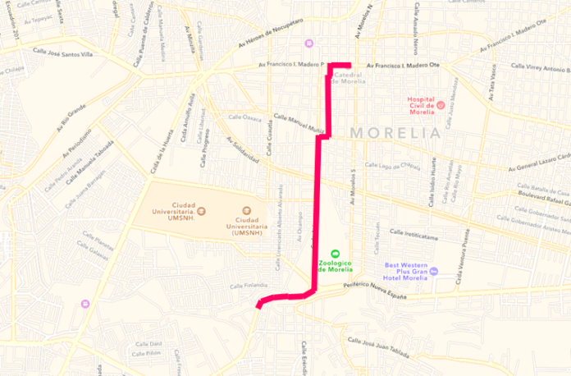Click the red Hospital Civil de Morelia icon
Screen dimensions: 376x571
(x=440, y=105)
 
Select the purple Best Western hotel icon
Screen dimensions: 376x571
(x=436, y=272)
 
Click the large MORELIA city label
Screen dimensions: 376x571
(x=395, y=132)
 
